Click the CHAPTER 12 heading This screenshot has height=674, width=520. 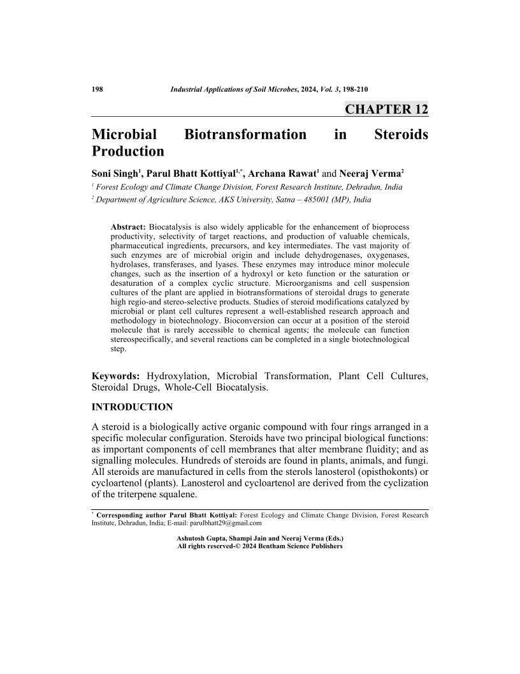[386, 109]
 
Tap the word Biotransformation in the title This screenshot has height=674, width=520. [245, 135]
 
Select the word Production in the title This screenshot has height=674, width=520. [128, 152]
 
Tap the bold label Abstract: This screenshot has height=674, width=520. [128, 227]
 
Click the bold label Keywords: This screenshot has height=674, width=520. [117, 376]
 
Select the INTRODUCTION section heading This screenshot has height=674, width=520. [133, 407]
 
